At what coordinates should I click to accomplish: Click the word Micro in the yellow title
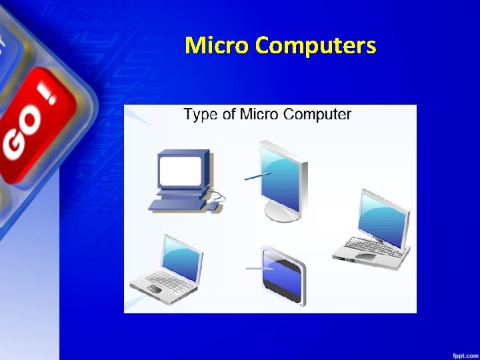[x=217, y=45]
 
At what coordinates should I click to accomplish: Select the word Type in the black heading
[x=200, y=115]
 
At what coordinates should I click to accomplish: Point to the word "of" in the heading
[x=229, y=115]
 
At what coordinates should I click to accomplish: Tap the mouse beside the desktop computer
[x=213, y=207]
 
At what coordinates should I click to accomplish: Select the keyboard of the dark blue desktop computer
[x=175, y=205]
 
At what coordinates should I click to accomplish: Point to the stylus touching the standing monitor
[x=257, y=176]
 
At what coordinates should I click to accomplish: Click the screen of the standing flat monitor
[x=280, y=173]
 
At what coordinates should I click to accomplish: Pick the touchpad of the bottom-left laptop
[x=154, y=289]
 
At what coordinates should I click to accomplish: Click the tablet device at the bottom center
[x=284, y=275]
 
